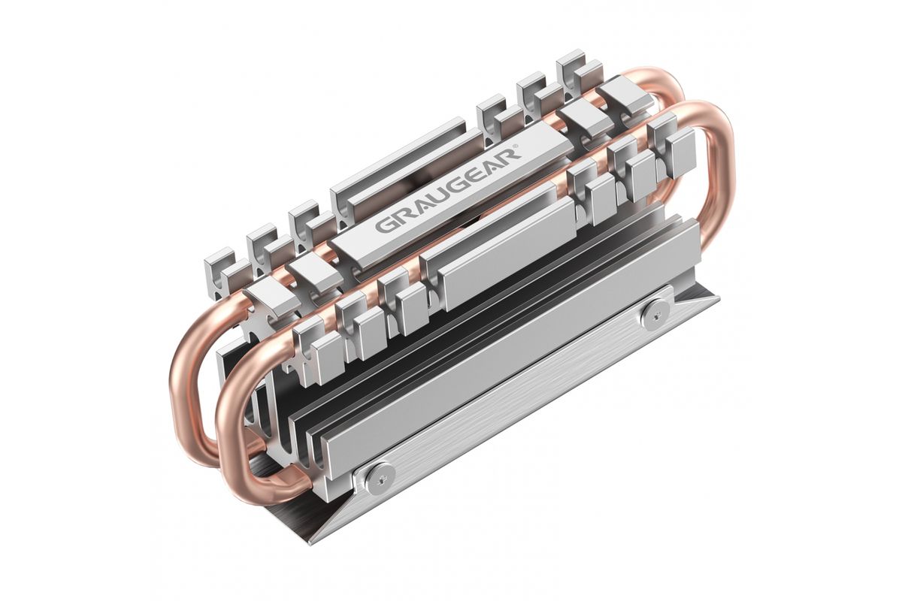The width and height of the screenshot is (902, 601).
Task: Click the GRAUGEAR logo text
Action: (x=448, y=189)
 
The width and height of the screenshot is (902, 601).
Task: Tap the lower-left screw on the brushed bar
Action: (x=380, y=477)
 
